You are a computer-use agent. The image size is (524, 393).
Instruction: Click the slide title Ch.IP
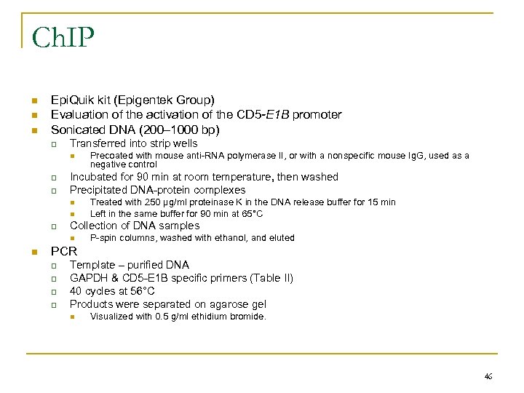coord(63,37)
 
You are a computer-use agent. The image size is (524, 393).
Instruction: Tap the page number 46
coord(488,376)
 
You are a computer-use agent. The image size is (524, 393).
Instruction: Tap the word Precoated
coord(111,156)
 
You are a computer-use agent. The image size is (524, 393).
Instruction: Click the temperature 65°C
coord(247,214)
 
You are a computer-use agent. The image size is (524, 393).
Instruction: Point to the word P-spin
coord(103,238)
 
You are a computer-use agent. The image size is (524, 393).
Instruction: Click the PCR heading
coord(63,252)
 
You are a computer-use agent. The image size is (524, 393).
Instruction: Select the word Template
coord(92,265)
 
